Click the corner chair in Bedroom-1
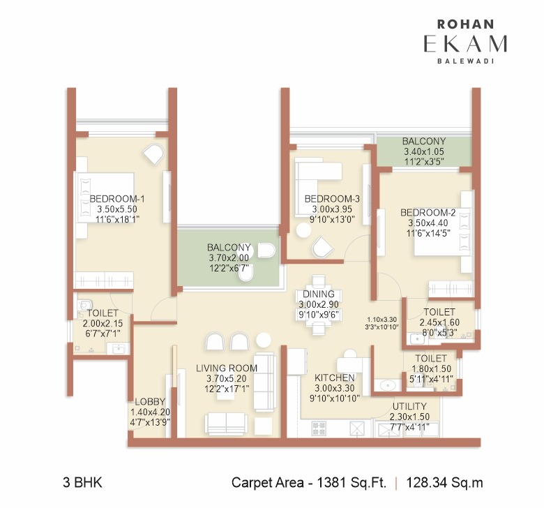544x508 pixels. coord(153,154)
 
